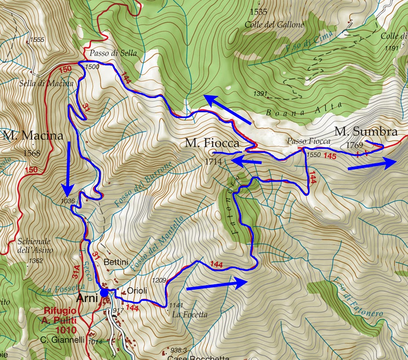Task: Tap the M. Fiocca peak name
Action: (212, 143)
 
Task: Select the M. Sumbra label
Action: (366, 132)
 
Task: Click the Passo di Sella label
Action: (113, 53)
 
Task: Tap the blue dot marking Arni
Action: (104, 293)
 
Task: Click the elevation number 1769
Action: (354, 145)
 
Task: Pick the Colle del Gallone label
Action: (275, 25)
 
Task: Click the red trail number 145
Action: (330, 156)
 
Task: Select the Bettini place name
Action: (116, 262)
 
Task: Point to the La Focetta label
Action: (189, 315)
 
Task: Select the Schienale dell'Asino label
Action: (35, 246)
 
